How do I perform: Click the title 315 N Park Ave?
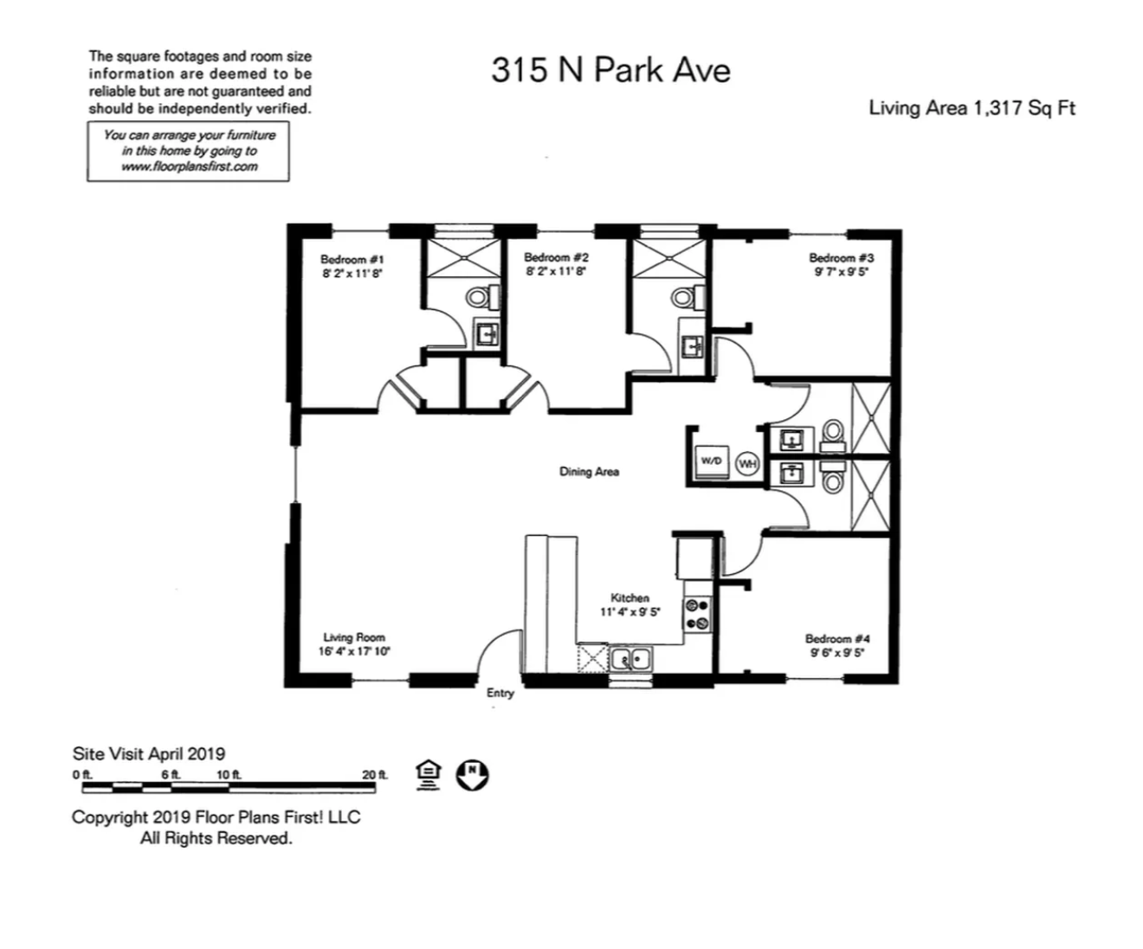point(610,71)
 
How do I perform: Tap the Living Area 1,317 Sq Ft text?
point(972,108)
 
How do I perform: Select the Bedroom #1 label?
point(352,260)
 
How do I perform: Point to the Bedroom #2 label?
point(556,257)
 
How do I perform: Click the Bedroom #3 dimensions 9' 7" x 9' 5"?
point(842,272)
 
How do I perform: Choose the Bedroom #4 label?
point(837,639)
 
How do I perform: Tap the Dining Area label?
point(589,472)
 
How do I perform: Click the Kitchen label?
point(630,598)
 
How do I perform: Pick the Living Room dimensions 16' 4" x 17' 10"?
point(354,651)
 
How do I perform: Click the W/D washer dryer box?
point(712,462)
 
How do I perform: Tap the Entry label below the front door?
point(500,694)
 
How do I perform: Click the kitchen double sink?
point(631,659)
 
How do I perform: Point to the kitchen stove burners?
point(697,614)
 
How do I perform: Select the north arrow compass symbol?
point(473,775)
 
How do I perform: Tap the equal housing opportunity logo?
point(428,775)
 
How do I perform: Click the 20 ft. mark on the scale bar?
point(374,774)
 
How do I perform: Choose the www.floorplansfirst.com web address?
point(190,167)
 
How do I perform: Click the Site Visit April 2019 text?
point(149,754)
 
